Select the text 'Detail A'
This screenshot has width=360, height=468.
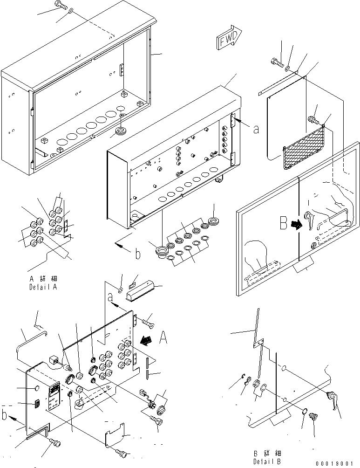pyautogui.click(x=42, y=287)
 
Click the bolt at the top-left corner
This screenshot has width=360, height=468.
pyautogui.click(x=62, y=6)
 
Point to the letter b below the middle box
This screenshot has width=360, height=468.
pyautogui.click(x=137, y=255)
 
